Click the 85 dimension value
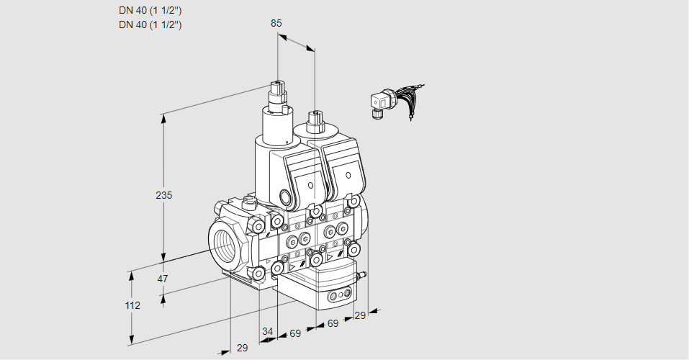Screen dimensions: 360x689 tap(276, 23)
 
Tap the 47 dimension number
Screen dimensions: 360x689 tap(163, 279)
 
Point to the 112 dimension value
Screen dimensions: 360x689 tap(132, 305)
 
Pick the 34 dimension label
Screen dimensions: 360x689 tap(267, 331)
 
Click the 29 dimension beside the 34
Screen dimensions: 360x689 tap(242, 348)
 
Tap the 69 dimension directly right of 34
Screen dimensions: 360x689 tap(294, 334)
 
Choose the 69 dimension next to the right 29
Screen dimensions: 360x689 tap(333, 324)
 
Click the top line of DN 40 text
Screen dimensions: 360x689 tap(150, 10)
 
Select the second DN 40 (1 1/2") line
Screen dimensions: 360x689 tap(150, 24)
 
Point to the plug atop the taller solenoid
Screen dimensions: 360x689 tap(277, 91)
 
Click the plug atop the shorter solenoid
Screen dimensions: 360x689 tap(314, 119)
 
